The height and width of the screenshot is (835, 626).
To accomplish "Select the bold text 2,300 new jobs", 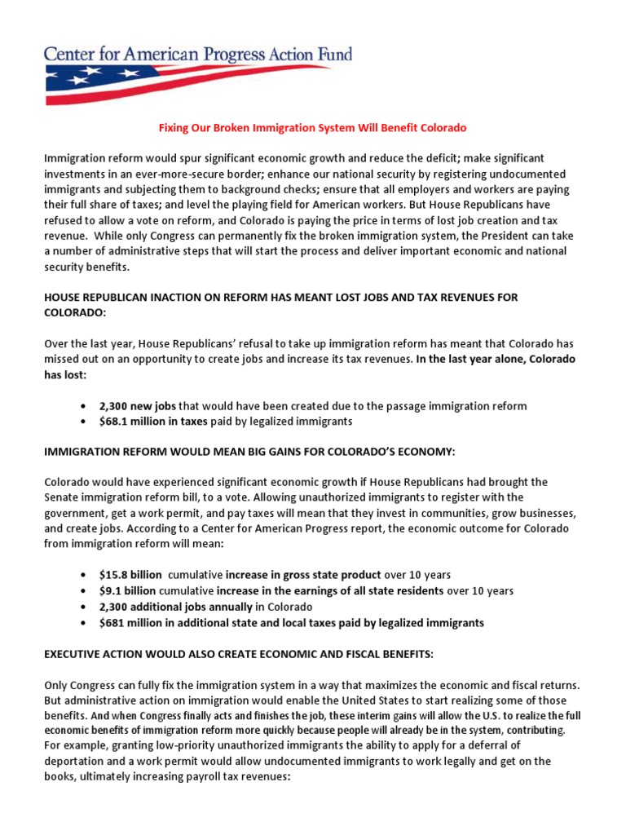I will (138, 405).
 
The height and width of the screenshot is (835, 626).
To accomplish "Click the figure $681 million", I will (131, 622).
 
